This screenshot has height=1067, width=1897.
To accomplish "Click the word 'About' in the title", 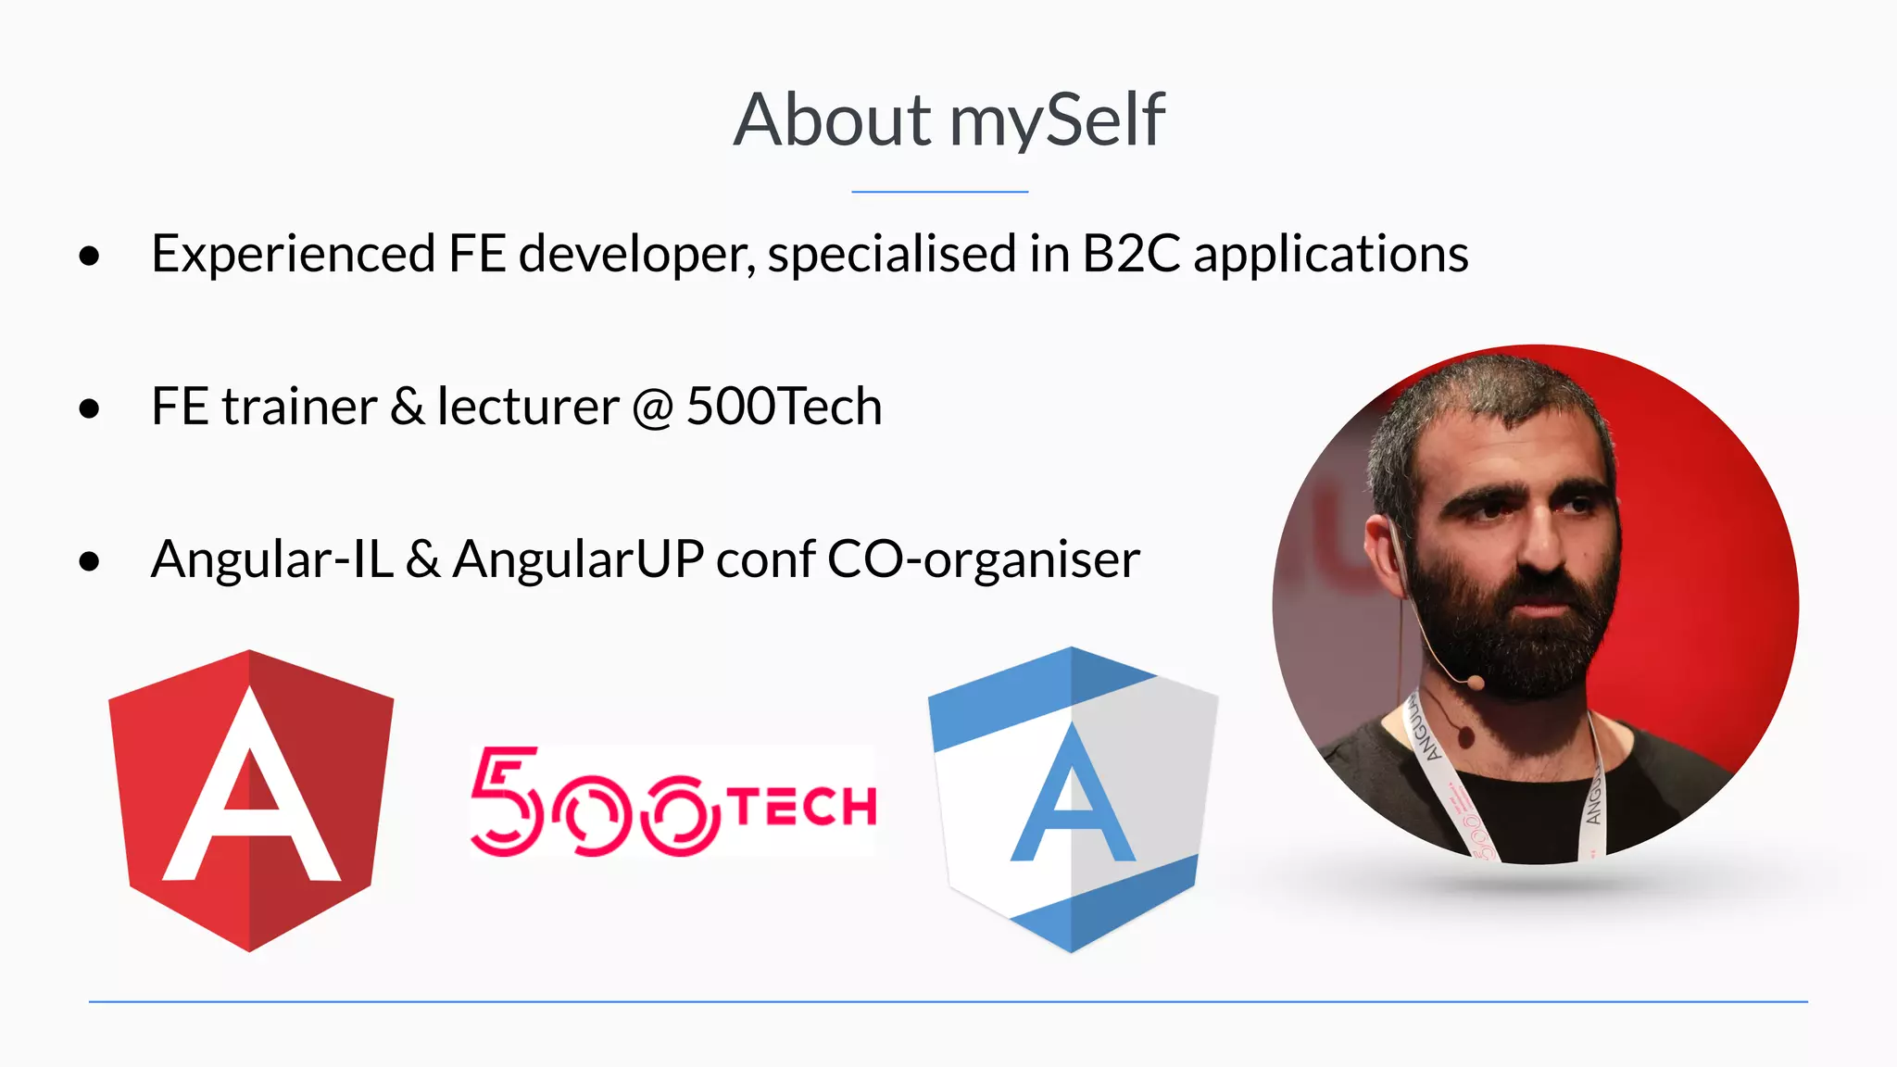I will point(832,120).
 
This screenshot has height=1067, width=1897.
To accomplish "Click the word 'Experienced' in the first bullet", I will point(293,254).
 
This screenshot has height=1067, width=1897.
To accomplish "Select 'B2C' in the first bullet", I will point(1131,254).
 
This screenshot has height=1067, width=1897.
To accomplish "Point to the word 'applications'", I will point(1330,256).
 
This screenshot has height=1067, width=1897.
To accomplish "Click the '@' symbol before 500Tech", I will point(653,408).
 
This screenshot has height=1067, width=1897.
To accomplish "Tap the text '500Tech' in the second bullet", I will point(784,407).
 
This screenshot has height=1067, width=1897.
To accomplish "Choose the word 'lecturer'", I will point(528,407).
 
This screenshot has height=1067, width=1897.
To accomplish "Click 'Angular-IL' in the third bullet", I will point(272,559).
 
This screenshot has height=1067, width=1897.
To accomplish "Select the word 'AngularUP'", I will point(578,559).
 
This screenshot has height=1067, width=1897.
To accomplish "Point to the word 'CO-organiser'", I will point(983,559).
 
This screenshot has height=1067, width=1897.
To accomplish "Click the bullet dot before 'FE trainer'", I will point(89,408).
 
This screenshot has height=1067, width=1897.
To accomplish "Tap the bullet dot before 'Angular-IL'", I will point(89,561).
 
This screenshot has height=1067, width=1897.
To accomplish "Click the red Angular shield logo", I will point(251,800).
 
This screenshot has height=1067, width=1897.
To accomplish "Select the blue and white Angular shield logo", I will point(1073,800).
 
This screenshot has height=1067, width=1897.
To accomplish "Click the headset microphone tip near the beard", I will point(1476,683).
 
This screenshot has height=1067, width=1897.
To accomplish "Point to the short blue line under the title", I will point(939,192).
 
